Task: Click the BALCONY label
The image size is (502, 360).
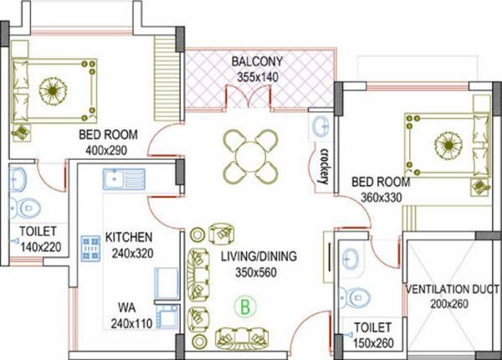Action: tap(256, 62)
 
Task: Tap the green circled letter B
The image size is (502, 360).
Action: tap(244, 306)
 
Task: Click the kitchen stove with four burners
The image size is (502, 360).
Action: tap(90, 247)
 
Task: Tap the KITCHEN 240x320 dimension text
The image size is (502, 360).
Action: tap(128, 251)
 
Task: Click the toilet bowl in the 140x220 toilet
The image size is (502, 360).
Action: tap(26, 205)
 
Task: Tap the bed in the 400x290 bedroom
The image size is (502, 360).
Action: tap(54, 90)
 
